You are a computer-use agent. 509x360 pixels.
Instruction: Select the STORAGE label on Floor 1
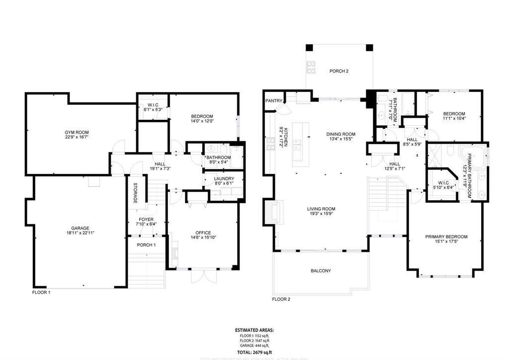coord(135,193)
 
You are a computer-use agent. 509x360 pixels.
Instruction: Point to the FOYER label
coord(146,219)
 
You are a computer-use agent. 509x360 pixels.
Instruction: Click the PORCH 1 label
coord(146,245)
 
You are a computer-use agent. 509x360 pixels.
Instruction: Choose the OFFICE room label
coord(203,233)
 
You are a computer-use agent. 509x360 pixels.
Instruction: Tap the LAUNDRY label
coord(221,179)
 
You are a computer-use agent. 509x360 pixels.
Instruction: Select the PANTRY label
coord(273,100)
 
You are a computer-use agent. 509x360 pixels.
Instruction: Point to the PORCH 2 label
coord(339,72)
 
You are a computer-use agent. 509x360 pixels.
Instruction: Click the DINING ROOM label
coord(341,134)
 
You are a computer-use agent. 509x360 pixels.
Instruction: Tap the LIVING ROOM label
coord(321,209)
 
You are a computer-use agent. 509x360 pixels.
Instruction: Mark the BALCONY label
coord(321,271)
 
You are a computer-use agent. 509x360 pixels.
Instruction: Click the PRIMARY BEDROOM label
coord(446,237)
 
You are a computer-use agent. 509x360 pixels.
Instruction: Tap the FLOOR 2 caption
coord(281,299)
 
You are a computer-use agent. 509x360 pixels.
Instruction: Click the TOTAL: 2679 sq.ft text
coord(254,351)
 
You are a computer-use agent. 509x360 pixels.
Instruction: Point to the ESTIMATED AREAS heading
coord(254,330)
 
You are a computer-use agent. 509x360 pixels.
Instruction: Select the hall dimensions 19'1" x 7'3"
coord(160,169)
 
